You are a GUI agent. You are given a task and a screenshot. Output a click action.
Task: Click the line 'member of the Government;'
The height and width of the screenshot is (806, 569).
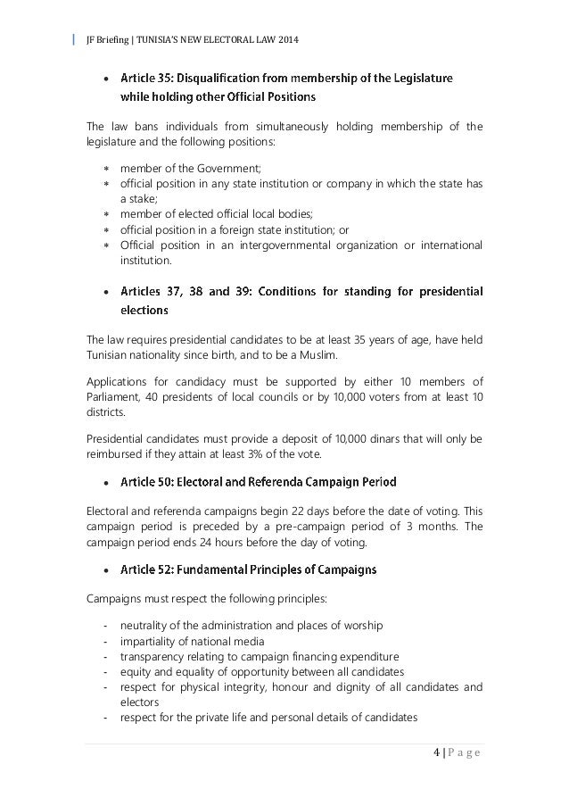click(x=187, y=166)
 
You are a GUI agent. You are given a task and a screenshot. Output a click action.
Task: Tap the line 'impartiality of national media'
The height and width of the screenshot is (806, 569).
click(x=190, y=640)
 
